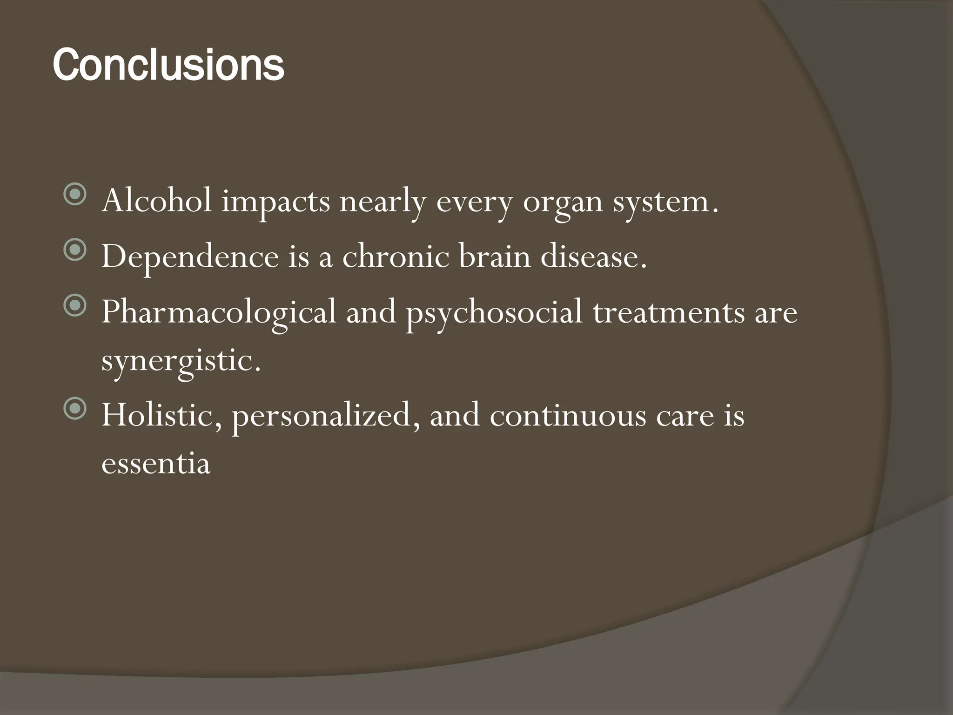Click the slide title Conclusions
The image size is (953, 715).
pyautogui.click(x=168, y=65)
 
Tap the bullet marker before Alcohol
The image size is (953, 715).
pyautogui.click(x=74, y=195)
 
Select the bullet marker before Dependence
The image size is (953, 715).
pyautogui.click(x=74, y=250)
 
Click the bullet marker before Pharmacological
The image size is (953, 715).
pyautogui.click(x=74, y=305)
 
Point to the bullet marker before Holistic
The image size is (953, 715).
pyautogui.click(x=74, y=409)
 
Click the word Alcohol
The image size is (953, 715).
pyautogui.click(x=157, y=201)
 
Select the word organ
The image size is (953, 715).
pyautogui.click(x=563, y=203)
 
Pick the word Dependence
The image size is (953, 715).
pyautogui.click(x=190, y=257)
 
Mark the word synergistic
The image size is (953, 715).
pyautogui.click(x=181, y=361)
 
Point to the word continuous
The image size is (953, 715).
pyautogui.click(x=568, y=415)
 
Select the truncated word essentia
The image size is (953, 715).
pyautogui.click(x=156, y=464)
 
